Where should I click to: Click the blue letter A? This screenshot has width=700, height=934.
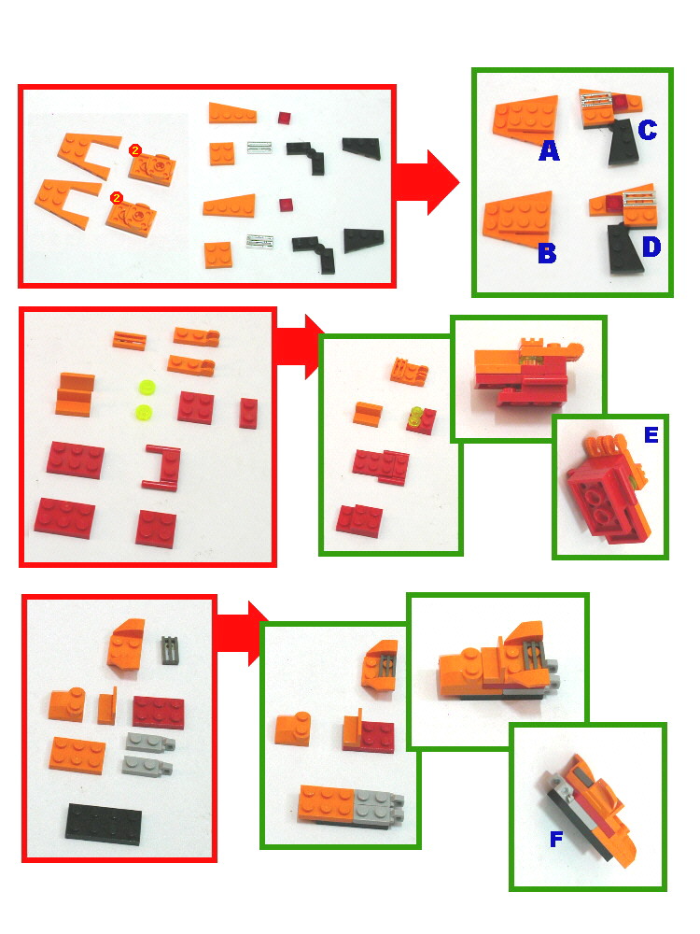click(549, 149)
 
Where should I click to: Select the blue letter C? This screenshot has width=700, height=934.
click(647, 129)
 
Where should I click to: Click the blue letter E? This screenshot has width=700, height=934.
click(651, 433)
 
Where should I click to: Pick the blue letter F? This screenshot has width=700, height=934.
click(556, 840)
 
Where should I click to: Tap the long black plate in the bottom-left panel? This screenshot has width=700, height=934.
click(104, 822)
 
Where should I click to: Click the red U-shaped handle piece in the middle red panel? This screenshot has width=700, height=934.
click(160, 466)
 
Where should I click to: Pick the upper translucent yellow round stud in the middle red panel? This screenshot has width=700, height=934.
click(144, 386)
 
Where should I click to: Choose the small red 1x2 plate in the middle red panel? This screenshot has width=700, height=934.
click(247, 412)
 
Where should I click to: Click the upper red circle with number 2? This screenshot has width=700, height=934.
click(134, 149)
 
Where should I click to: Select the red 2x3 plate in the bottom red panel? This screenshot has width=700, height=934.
click(158, 712)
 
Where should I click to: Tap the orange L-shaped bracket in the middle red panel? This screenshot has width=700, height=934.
click(76, 393)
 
